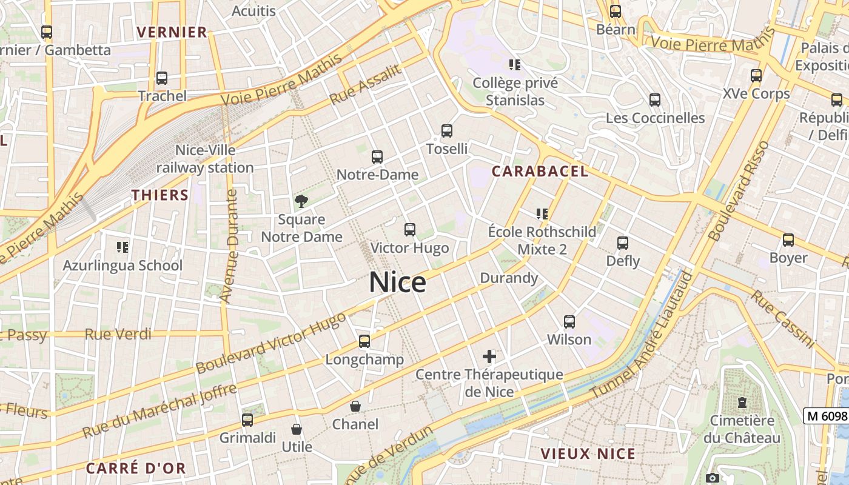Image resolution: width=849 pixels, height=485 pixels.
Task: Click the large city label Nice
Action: coord(397,283)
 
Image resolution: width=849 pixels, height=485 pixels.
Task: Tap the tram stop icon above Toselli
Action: coord(447,130)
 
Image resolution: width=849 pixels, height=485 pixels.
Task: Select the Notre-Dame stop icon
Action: coord(377,157)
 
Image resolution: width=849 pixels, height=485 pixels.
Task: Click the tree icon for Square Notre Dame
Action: coord(301,201)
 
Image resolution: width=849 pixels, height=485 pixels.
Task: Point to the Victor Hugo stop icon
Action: coord(410,230)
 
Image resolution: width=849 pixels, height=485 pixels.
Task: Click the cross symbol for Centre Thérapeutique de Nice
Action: coord(489,356)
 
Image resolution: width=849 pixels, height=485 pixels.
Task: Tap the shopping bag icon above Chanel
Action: coord(355,406)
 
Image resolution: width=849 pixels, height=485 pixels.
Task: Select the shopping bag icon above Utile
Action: coord(297,429)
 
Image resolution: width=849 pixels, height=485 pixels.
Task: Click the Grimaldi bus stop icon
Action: coord(247,420)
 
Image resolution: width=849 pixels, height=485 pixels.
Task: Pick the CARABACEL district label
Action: coord(540,172)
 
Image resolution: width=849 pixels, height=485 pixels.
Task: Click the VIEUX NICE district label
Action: coord(588,453)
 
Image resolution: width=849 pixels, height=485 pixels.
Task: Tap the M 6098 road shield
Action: coord(826,416)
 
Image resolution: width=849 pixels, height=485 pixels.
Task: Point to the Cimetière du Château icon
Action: coord(742,402)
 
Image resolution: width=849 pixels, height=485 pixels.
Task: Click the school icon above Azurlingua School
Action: coord(122,247)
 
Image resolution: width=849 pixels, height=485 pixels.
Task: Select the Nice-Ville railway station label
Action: coord(205,159)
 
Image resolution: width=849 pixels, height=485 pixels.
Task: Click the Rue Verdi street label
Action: coord(118,334)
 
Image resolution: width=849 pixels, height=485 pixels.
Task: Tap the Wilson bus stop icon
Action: coord(569,321)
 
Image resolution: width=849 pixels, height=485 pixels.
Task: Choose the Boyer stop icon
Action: coord(788,240)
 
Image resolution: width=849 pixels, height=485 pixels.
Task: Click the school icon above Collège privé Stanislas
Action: coord(515,64)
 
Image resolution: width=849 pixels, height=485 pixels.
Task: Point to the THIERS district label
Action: coord(161,195)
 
